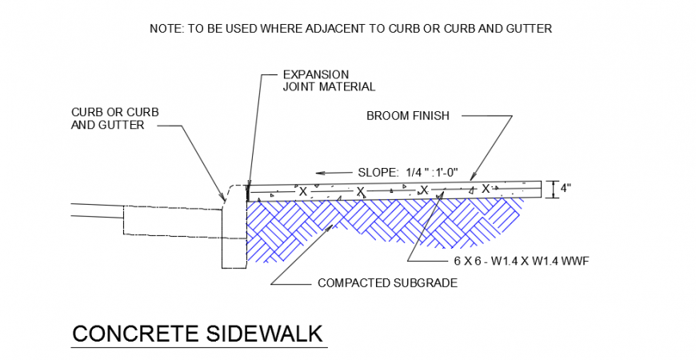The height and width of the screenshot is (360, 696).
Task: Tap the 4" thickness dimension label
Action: point(566,189)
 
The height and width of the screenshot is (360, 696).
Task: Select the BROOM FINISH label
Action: point(408,116)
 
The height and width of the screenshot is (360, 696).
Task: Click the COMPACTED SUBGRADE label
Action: point(387,282)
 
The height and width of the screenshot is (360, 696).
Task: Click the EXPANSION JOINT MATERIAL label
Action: point(329,81)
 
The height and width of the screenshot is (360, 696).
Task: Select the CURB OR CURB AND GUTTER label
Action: point(115,118)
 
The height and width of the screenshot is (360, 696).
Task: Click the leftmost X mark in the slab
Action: point(303,191)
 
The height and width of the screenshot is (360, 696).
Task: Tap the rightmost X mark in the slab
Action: point(485,189)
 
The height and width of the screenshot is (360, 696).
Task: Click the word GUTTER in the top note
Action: point(529,29)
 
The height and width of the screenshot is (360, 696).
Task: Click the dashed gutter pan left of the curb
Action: point(172,221)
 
